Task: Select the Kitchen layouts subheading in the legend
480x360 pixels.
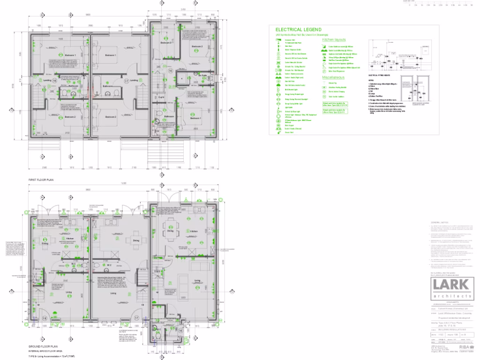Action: [x=334, y=40]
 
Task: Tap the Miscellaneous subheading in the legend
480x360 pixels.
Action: [x=333, y=77]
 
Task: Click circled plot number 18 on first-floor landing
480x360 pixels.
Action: [x=54, y=81]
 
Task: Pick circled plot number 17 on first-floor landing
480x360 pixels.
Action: [x=127, y=81]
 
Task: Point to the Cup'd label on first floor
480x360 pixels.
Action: [x=161, y=97]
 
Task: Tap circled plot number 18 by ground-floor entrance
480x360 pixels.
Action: [x=45, y=318]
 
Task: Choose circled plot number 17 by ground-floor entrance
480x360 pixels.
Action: [x=136, y=318]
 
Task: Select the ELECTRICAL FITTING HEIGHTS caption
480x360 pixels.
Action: [x=380, y=75]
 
